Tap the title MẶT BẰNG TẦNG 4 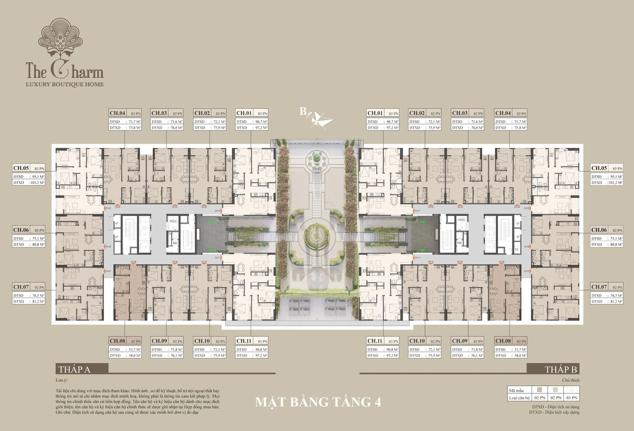(x=318, y=402)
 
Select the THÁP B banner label (x=561, y=369)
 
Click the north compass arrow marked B (x=316, y=117)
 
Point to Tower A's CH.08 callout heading (x=117, y=341)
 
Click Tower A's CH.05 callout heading (x=21, y=168)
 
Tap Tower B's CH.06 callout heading (x=599, y=230)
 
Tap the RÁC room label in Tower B (x=459, y=243)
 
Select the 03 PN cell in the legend (x=571, y=398)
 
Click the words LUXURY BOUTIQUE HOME (x=64, y=84)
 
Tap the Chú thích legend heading (x=571, y=380)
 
